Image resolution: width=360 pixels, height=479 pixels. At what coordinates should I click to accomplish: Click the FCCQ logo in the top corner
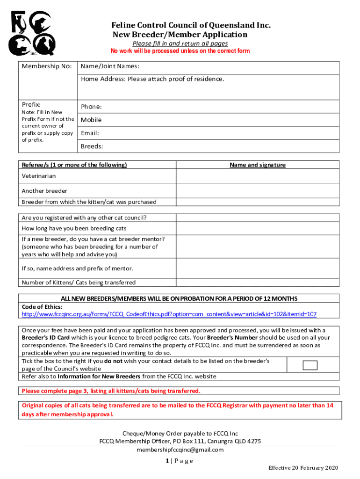32,32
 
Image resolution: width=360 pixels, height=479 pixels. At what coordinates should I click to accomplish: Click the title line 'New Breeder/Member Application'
180,35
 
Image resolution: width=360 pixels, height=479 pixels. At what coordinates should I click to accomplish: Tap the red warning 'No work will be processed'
180,51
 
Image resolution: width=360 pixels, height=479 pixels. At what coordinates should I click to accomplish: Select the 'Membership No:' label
47,66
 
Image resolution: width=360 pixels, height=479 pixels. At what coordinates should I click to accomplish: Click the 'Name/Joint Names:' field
110,66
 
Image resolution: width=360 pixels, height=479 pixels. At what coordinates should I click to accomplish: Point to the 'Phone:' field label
91,107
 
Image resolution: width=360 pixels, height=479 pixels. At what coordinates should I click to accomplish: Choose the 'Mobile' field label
91,120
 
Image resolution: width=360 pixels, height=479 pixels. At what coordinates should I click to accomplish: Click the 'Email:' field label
90,133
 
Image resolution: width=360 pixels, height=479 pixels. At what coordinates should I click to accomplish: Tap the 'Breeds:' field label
92,146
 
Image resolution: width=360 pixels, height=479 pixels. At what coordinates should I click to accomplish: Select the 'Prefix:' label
31,104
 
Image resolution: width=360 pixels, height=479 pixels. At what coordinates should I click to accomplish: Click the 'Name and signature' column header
258,165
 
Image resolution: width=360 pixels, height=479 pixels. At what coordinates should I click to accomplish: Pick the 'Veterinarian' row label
39,176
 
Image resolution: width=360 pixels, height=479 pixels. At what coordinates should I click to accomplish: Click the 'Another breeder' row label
44,191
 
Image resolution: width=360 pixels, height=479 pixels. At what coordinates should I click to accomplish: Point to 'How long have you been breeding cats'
74,228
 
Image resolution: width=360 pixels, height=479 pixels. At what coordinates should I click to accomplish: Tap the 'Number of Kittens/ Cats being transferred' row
79,283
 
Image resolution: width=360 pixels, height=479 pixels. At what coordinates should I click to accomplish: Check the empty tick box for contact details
310,365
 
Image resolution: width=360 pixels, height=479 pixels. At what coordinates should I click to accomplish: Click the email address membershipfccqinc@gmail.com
180,450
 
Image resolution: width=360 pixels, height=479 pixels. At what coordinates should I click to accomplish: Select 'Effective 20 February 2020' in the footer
302,468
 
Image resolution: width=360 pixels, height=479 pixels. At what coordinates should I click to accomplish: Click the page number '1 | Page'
180,461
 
